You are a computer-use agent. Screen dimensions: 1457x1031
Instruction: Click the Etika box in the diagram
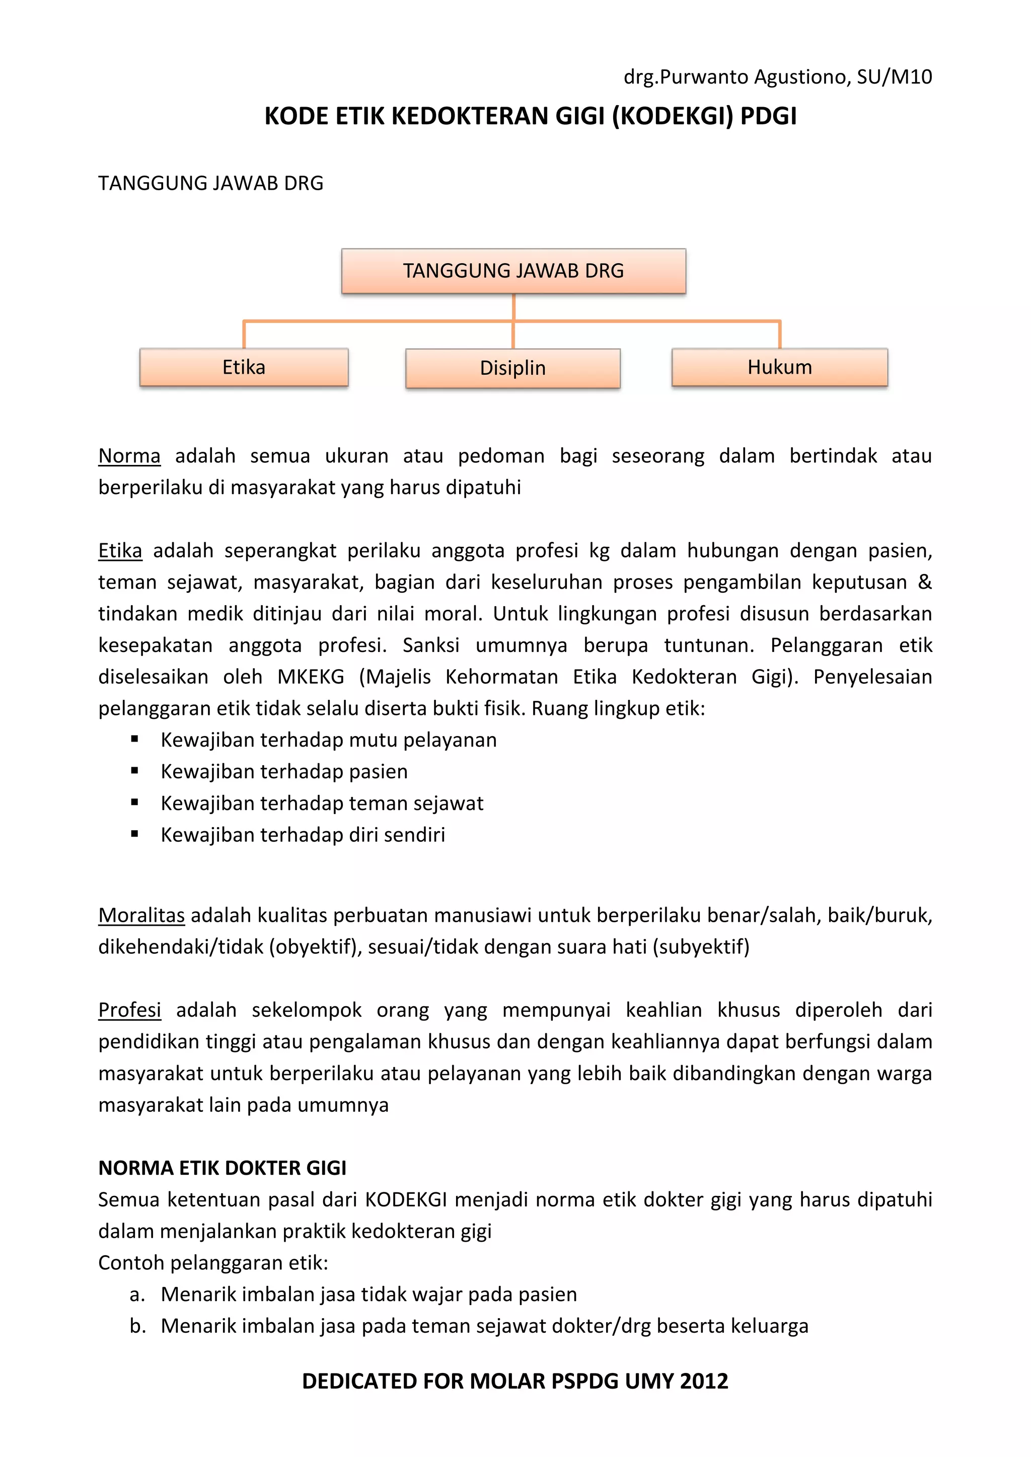244,367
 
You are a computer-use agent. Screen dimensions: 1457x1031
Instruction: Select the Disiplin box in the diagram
512,368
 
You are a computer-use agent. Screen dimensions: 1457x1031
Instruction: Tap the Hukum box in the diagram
780,367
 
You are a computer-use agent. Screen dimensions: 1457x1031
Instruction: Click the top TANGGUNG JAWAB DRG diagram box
513,271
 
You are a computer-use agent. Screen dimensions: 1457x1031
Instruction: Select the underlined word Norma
129,456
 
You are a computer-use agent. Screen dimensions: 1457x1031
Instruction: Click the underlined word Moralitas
141,915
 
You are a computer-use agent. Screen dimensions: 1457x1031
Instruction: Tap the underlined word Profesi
129,1010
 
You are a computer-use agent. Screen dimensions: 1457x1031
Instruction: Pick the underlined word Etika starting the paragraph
120,550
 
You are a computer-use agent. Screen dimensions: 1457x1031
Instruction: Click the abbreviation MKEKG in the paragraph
311,677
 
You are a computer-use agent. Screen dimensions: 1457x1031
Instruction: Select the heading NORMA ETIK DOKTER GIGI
222,1168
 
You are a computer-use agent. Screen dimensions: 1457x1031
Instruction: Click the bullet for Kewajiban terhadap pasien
134,771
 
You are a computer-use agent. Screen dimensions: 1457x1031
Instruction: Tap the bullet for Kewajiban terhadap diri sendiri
134,835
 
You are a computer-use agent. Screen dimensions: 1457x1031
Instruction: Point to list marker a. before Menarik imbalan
137,1294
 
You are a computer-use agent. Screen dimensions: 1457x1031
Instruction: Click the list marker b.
137,1326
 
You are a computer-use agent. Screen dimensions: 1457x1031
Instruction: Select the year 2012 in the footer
703,1381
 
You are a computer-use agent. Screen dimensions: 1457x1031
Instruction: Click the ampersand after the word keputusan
924,582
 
